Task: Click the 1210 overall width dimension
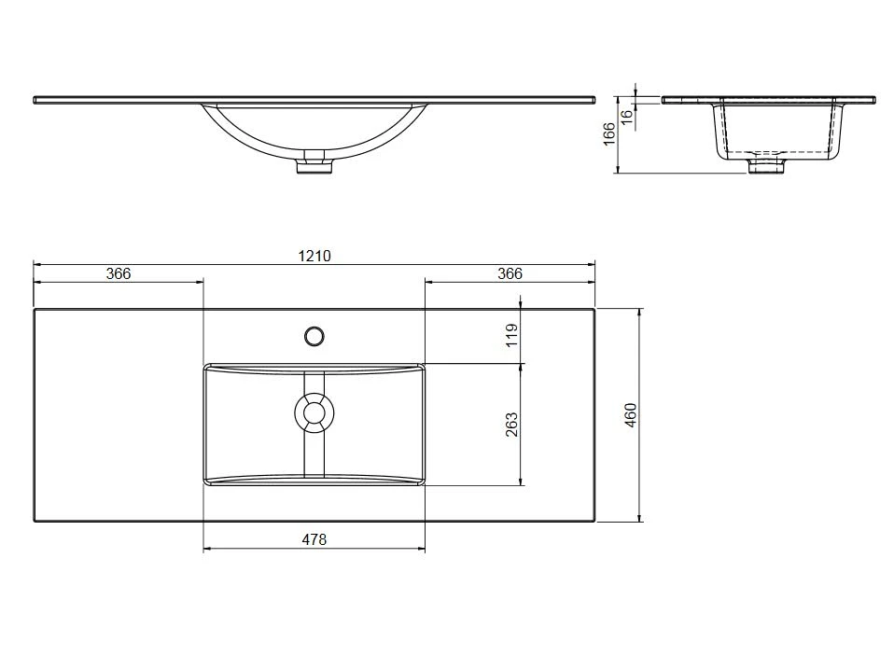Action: (x=314, y=256)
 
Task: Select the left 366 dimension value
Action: (x=119, y=273)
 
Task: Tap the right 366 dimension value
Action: (x=510, y=273)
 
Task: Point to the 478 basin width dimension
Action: (x=314, y=539)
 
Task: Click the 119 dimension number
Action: (x=512, y=335)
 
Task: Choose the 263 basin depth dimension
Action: (x=512, y=425)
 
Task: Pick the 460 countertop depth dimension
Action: (x=630, y=415)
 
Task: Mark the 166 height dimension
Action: (x=609, y=133)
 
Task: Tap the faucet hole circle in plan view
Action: (x=314, y=337)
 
